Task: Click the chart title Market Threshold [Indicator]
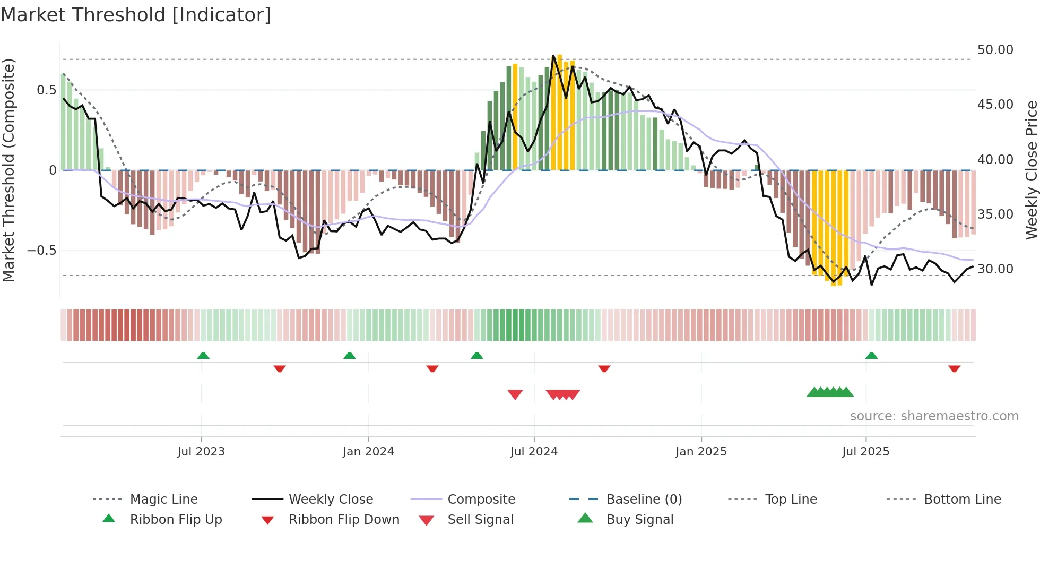(136, 15)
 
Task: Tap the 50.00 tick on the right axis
(995, 50)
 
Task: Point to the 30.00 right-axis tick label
(995, 269)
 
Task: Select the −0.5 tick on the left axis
(42, 251)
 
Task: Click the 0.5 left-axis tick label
(46, 90)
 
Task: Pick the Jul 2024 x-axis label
(534, 452)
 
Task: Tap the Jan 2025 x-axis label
(701, 452)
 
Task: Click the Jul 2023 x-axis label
(201, 452)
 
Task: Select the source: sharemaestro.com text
(934, 416)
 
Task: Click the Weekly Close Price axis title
(1031, 170)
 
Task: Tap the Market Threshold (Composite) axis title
(8, 170)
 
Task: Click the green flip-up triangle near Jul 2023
(203, 356)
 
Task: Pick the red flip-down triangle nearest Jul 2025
(954, 368)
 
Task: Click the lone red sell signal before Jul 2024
(515, 394)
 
